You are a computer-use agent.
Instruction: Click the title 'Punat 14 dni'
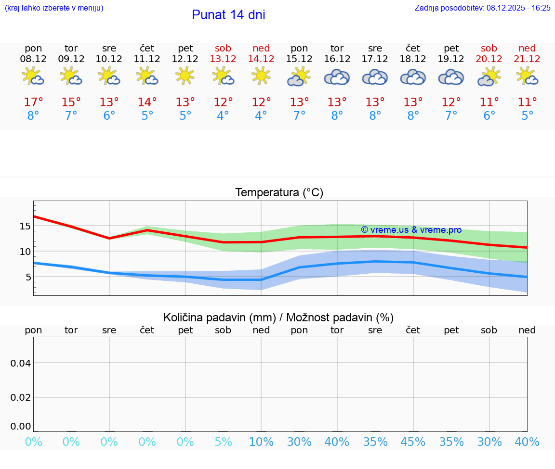pos(228,15)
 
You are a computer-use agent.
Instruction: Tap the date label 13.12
pos(223,59)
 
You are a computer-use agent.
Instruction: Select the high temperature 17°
pos(33,102)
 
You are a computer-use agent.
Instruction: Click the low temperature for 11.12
pos(147,115)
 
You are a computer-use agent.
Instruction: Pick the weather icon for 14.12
pos(261,76)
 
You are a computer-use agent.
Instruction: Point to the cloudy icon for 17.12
pos(375,77)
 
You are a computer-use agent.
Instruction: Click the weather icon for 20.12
pos(489,76)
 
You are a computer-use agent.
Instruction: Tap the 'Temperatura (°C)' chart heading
pos(279,192)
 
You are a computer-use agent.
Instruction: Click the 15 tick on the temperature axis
pos(25,226)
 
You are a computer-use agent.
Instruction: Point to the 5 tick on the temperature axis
pos(28,277)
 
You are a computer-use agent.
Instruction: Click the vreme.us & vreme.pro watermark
pos(411,230)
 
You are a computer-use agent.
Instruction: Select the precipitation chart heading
pos(278,317)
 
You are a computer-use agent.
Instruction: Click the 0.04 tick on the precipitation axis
pos(20,363)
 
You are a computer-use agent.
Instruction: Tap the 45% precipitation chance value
pos(413,442)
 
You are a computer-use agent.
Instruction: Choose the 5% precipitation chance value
pos(223,442)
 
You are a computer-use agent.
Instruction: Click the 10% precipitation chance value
pos(261,442)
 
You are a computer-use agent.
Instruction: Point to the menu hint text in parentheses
pos(54,8)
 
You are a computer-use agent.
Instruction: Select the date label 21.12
pos(527,59)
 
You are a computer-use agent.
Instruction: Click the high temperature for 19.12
pos(451,102)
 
